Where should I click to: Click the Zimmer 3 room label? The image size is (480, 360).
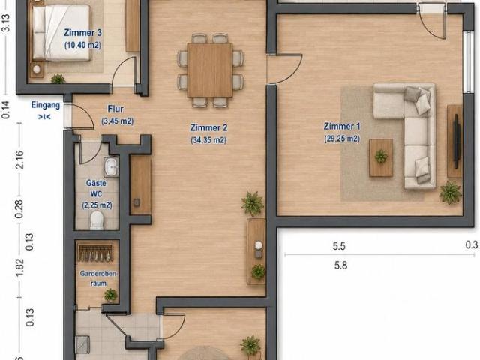(x=82, y=33)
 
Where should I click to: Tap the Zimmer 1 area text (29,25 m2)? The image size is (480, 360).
(x=342, y=139)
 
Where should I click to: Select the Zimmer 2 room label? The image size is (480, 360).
(x=208, y=127)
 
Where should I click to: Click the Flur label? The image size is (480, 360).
(x=115, y=109)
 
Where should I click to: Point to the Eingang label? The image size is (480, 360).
(x=46, y=105)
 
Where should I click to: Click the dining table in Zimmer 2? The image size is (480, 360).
(x=210, y=70)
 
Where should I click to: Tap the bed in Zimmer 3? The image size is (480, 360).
(x=61, y=33)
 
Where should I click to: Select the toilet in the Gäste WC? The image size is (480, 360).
(x=97, y=220)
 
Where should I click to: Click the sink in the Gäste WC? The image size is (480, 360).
(x=111, y=166)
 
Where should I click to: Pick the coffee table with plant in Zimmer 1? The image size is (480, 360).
(x=381, y=157)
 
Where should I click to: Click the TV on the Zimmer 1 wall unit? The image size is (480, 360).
(x=457, y=141)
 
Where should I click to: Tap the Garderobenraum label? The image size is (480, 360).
(x=98, y=278)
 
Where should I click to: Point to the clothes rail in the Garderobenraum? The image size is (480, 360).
(x=95, y=253)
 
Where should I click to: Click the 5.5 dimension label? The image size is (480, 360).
(x=339, y=246)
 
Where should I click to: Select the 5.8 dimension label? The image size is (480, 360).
(x=340, y=265)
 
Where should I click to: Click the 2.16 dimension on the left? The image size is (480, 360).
(x=19, y=160)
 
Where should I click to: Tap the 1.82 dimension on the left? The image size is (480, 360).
(x=19, y=268)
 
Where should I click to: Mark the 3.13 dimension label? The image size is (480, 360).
(x=6, y=22)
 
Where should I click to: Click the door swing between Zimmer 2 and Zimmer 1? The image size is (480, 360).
(x=285, y=69)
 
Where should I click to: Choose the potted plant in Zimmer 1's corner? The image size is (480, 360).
(x=450, y=193)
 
